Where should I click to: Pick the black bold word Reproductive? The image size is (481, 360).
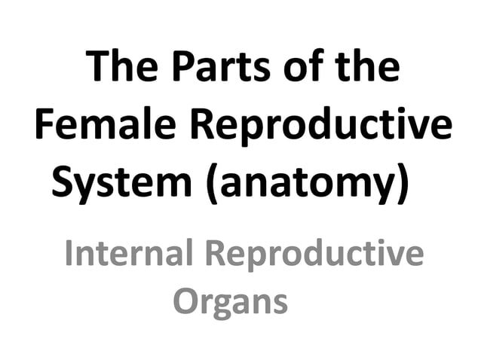click(317, 127)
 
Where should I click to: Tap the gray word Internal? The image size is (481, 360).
click(130, 253)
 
